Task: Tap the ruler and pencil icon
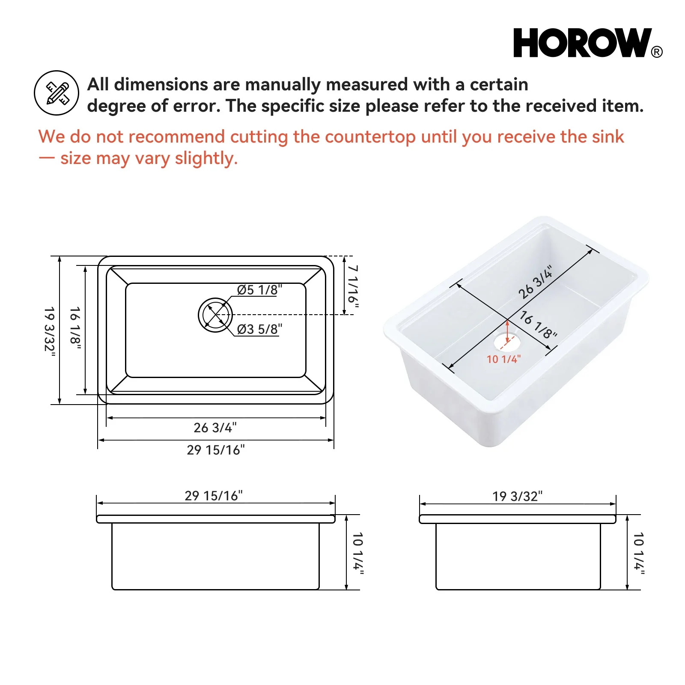57,93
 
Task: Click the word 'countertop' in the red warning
370,137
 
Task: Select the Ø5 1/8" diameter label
259,290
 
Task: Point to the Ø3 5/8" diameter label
259,329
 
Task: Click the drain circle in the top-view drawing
215,315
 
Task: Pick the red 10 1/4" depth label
503,359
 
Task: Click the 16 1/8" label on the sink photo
538,325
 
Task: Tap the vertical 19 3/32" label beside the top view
50,329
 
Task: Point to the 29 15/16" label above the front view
214,496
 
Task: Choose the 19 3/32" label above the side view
517,496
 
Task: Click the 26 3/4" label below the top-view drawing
215,428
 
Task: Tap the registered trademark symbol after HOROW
657,52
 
